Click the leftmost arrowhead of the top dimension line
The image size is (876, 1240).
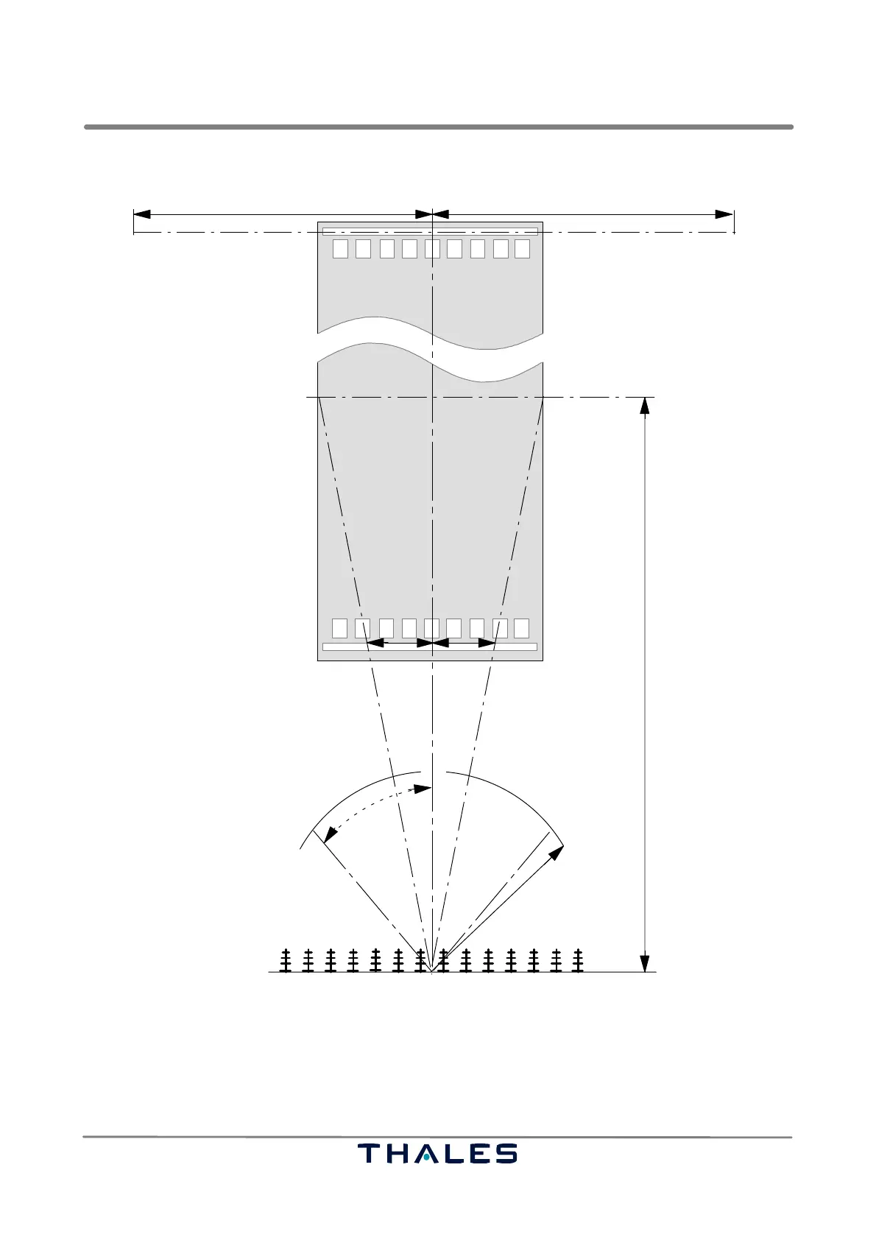click(142, 214)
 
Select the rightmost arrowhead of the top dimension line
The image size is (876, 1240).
click(724, 214)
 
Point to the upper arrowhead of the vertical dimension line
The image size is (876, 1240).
click(644, 406)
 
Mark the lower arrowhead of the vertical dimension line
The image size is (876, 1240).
click(644, 964)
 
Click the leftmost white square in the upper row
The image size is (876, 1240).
click(340, 249)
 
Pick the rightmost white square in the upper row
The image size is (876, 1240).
click(523, 249)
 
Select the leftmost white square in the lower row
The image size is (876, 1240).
click(340, 628)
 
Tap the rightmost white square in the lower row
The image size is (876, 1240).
click(521, 628)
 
